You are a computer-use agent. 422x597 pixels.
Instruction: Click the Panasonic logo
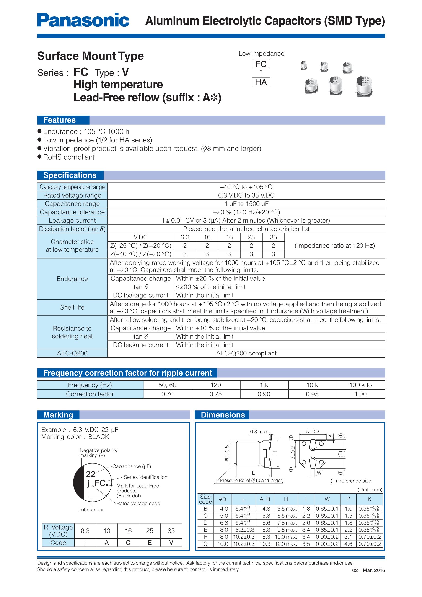(x=83, y=20)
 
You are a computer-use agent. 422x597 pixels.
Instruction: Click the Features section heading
(x=60, y=120)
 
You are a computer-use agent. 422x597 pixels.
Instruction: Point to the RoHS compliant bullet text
(x=69, y=157)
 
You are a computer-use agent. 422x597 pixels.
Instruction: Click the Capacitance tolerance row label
(x=72, y=212)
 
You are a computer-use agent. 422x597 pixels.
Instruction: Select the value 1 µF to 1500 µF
(x=246, y=203)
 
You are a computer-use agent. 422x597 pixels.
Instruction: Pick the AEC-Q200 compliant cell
(x=246, y=353)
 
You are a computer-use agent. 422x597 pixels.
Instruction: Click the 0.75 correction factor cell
(x=216, y=394)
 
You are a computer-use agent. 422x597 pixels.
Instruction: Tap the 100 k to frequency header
(x=360, y=385)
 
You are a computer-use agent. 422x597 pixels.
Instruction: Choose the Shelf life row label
(x=72, y=307)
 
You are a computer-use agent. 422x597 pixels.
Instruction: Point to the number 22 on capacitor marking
(x=91, y=474)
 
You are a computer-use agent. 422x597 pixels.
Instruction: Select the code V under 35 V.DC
(x=171, y=543)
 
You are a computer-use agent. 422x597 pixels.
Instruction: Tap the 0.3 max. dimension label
(x=259, y=432)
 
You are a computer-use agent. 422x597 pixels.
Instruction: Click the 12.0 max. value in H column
(x=286, y=544)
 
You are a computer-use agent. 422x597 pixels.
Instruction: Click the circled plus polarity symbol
(x=291, y=469)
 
